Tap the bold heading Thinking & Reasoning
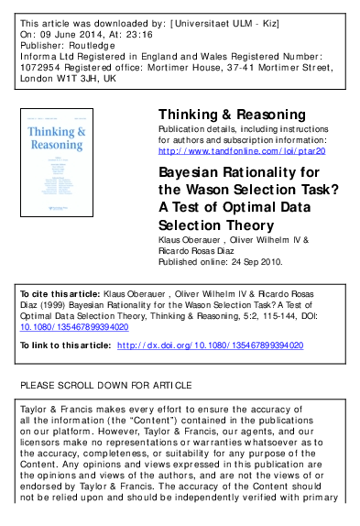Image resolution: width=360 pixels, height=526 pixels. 232,115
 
